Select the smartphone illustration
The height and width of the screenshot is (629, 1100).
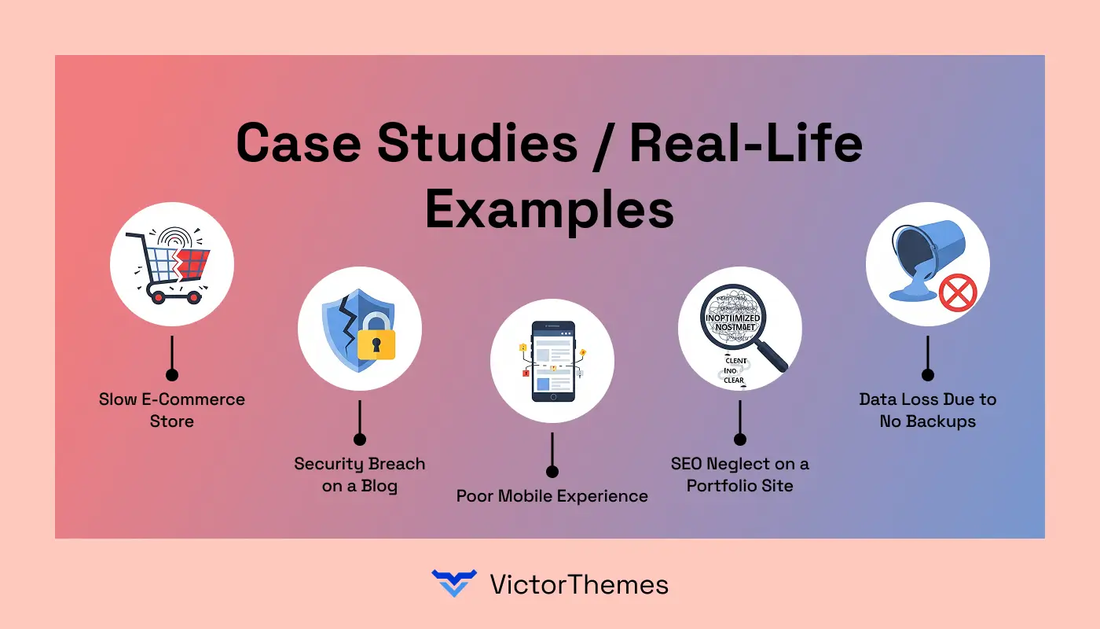[552, 361]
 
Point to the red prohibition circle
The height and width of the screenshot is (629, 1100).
[958, 293]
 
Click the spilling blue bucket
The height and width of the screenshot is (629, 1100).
[915, 259]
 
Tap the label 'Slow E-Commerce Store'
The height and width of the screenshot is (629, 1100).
[172, 410]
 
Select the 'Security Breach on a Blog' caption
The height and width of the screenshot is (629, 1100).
[360, 474]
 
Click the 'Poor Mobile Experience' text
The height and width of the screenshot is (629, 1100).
[552, 496]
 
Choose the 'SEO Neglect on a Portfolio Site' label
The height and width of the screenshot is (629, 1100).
[740, 474]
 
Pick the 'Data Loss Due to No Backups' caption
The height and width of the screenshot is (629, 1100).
[928, 410]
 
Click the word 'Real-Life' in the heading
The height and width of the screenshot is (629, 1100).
[746, 145]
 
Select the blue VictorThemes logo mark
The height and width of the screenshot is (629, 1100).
[454, 583]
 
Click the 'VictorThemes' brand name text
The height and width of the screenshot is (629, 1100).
[579, 584]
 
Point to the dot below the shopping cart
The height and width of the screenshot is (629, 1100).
[172, 375]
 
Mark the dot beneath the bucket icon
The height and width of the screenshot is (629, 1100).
[928, 375]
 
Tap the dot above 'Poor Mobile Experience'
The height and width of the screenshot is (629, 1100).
[552, 472]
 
